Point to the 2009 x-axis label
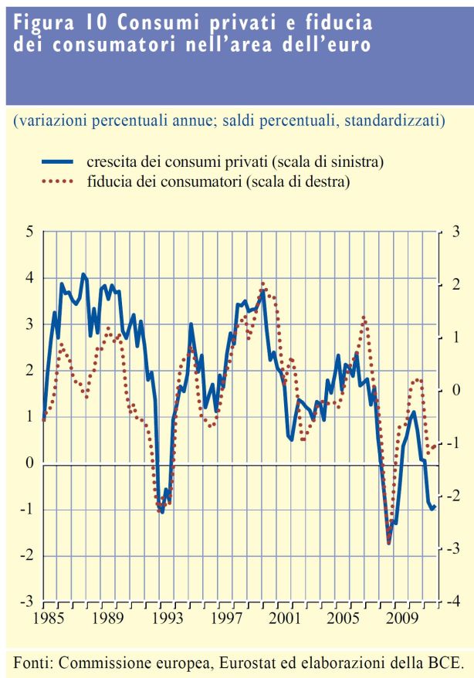click(x=402, y=619)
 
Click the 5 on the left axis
click(x=29, y=231)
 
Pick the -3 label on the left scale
click(x=26, y=602)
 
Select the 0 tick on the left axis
click(x=29, y=463)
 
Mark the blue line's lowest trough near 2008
click(x=389, y=542)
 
